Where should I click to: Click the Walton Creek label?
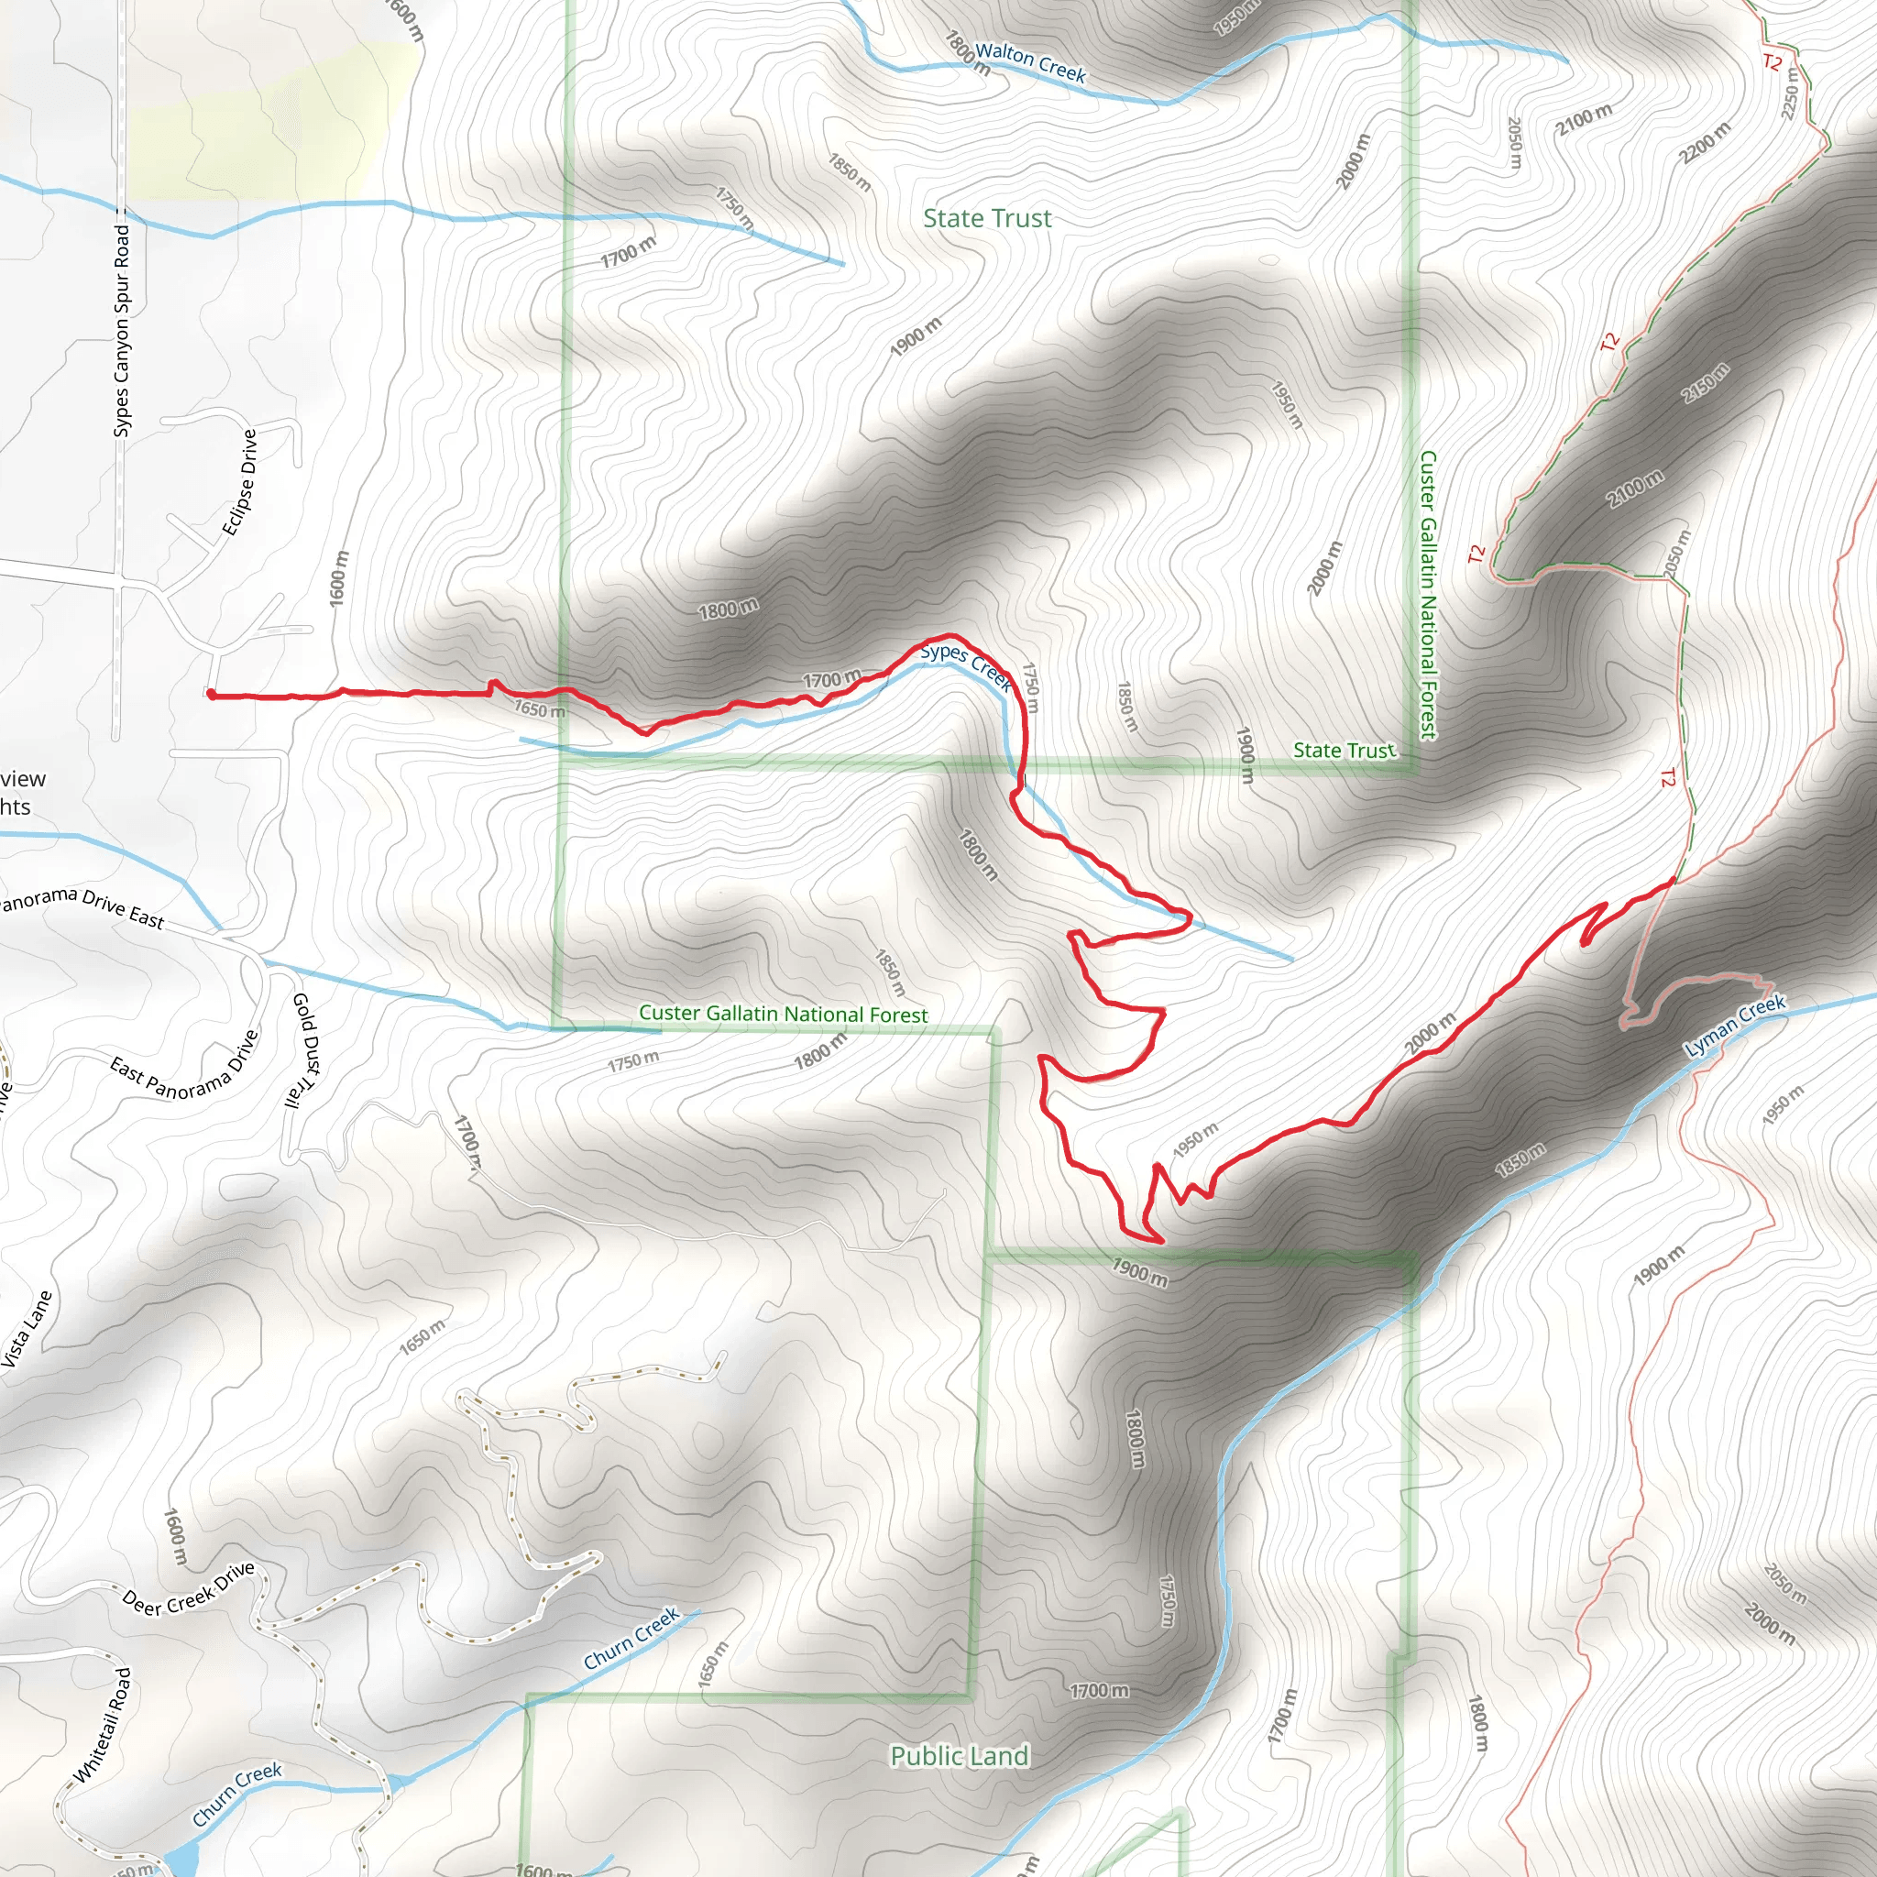coord(1030,62)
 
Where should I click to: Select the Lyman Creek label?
coord(1734,1026)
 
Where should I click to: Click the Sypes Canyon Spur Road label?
coord(122,330)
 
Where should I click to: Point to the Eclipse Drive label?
coord(240,483)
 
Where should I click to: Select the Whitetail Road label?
coord(102,1726)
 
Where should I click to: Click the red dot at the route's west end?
coord(211,694)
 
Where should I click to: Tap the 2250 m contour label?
coord(1791,93)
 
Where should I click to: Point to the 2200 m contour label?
coord(1705,142)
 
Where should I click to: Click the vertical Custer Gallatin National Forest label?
coord(1427,594)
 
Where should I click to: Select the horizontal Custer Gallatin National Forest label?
coord(783,1014)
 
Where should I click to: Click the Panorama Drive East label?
coord(82,906)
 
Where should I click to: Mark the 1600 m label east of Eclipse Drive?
coord(338,579)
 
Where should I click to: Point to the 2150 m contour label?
coord(1706,383)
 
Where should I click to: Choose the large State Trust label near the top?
coord(987,219)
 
